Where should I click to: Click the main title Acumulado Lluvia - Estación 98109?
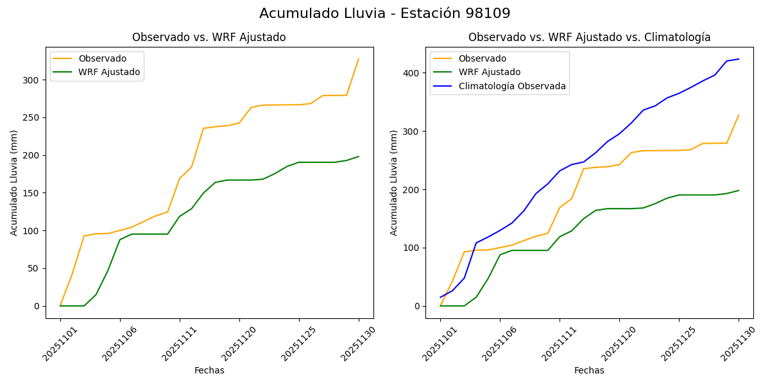[x=385, y=13]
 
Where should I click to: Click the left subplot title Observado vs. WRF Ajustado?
[x=209, y=37]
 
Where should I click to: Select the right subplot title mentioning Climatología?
[x=589, y=37]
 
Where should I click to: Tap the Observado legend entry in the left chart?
[x=103, y=58]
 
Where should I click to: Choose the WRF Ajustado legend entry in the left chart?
[x=109, y=72]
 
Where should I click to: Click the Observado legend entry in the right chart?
[x=482, y=58]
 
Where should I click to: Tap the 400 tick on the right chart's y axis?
[x=412, y=73]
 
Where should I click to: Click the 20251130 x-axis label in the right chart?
[x=735, y=343]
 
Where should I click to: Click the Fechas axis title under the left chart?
[x=209, y=370]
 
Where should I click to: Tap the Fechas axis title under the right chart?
[x=589, y=370]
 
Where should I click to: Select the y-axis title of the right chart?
[x=394, y=182]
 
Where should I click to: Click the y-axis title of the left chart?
[x=14, y=182]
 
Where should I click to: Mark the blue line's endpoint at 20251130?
[x=739, y=59]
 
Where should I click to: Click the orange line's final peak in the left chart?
[x=359, y=59]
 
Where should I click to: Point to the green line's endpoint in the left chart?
[x=359, y=157]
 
